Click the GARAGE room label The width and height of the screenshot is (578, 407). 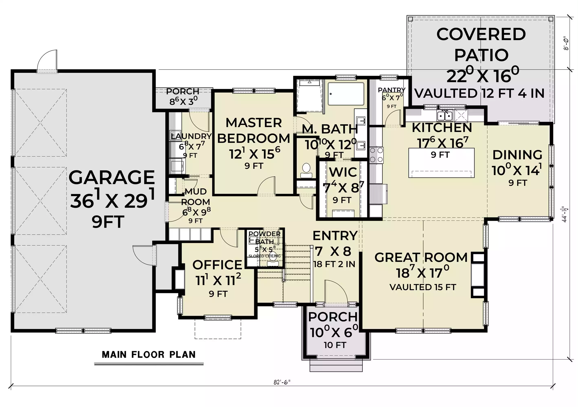112,177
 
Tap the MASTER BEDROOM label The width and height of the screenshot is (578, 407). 254,131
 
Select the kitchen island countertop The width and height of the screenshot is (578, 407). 441,163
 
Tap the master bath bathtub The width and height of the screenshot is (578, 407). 346,94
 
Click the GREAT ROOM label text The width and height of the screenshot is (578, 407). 421,258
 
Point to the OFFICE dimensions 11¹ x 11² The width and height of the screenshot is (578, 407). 218,280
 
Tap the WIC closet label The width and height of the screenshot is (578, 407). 343,172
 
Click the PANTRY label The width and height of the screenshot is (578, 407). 392,90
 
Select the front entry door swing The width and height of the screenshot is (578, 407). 336,292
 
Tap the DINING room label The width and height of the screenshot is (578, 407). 517,155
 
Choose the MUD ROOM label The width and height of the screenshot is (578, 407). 196,197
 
